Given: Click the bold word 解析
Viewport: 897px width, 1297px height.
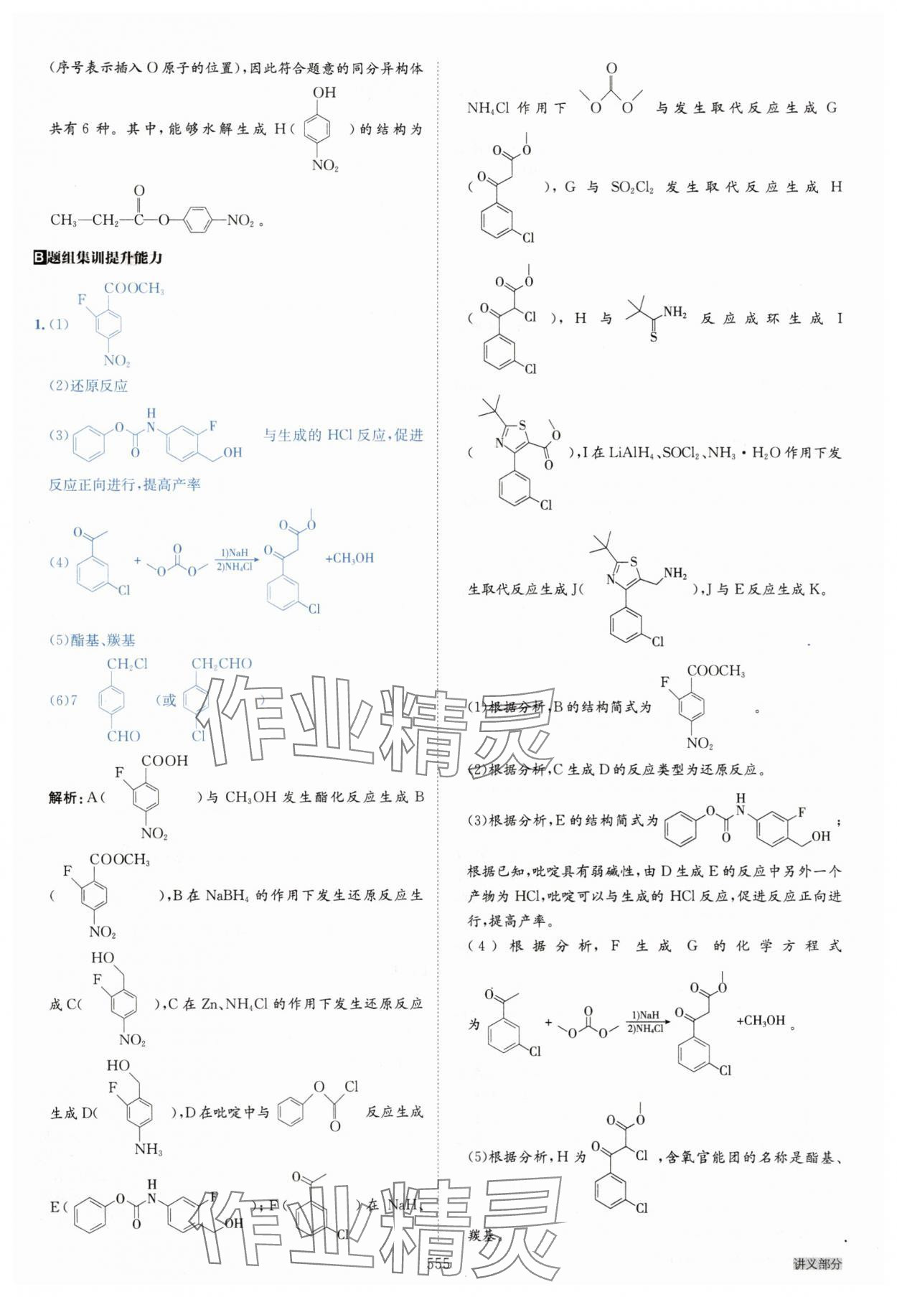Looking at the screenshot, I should coord(63,797).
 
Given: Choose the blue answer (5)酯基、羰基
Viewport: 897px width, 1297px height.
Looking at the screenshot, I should coord(92,640).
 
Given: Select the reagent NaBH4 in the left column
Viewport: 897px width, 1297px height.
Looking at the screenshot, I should coord(228,895).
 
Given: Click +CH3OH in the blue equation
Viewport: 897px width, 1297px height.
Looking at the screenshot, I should coord(349,558).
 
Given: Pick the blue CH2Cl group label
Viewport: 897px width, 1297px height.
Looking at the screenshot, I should coord(127,664).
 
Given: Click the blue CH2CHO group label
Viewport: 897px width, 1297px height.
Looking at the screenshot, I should coord(222,664).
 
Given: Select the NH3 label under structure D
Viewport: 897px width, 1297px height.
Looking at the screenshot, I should coord(149,1149).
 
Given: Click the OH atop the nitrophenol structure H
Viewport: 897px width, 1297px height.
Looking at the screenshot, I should coord(324,93).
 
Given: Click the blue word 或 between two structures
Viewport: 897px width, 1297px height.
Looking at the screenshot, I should coord(169,701).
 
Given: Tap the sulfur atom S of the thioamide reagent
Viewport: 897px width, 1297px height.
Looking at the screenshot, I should coord(653,337).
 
